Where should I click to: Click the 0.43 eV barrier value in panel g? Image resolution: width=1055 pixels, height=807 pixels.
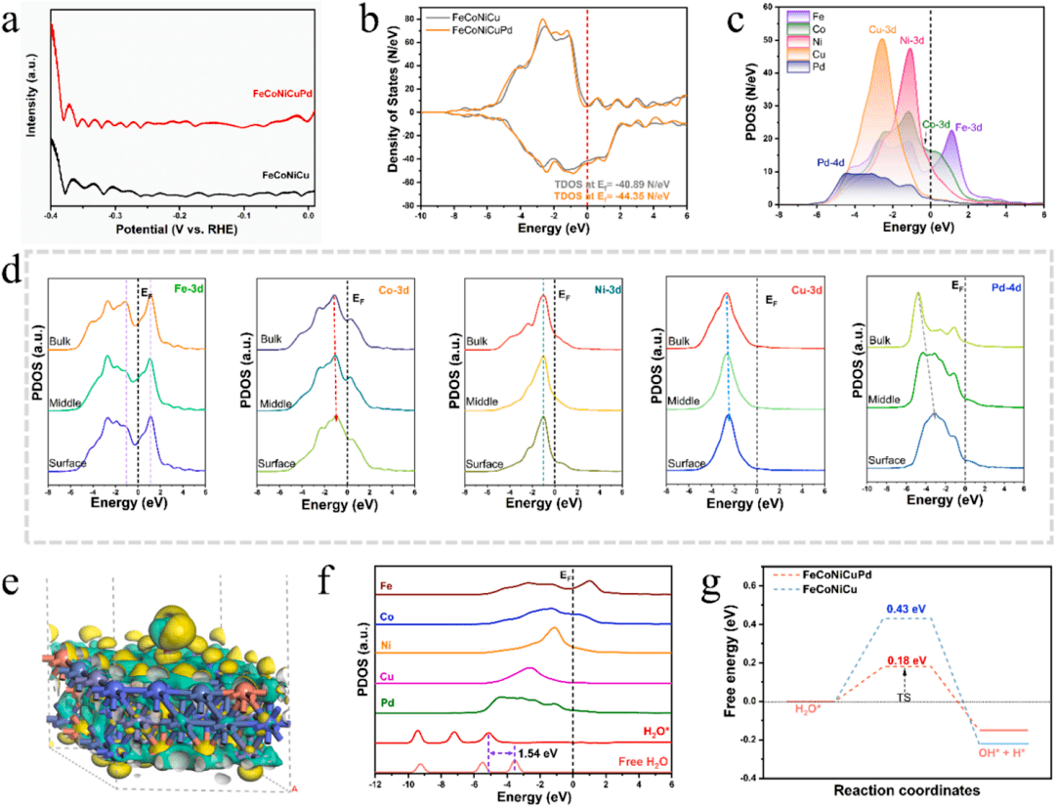tap(907, 610)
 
